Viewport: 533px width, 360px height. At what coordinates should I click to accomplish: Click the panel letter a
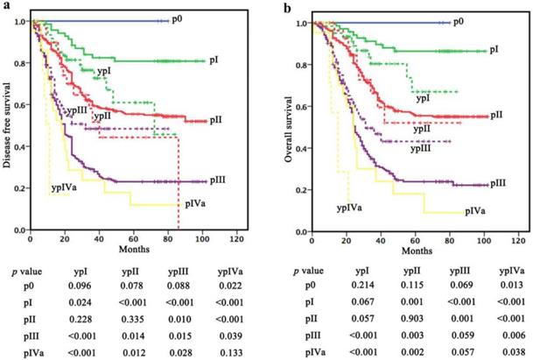click(7, 7)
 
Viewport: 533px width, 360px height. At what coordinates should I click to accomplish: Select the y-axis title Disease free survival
click(8, 126)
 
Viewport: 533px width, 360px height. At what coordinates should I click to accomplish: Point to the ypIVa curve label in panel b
click(351, 207)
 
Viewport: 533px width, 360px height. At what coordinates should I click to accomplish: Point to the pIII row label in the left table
click(33, 330)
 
